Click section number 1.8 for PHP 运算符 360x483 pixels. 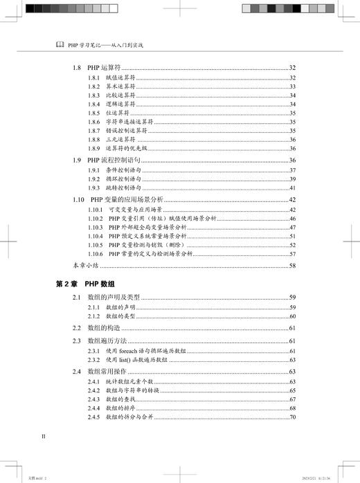pos(78,68)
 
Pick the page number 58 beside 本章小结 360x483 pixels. pos(293,265)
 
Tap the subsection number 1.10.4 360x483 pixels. pos(96,236)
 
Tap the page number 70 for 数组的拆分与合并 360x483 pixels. pos(293,417)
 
